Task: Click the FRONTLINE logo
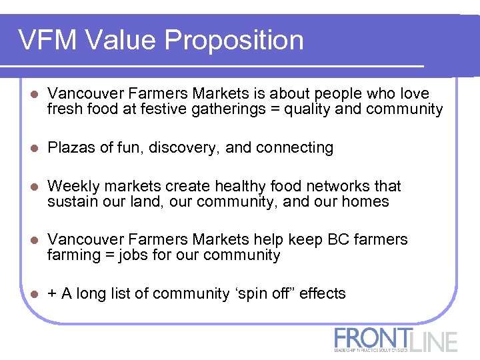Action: tap(396, 339)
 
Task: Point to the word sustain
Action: tap(70, 201)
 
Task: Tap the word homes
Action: tap(367, 201)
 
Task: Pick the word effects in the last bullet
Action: tap(323, 293)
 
